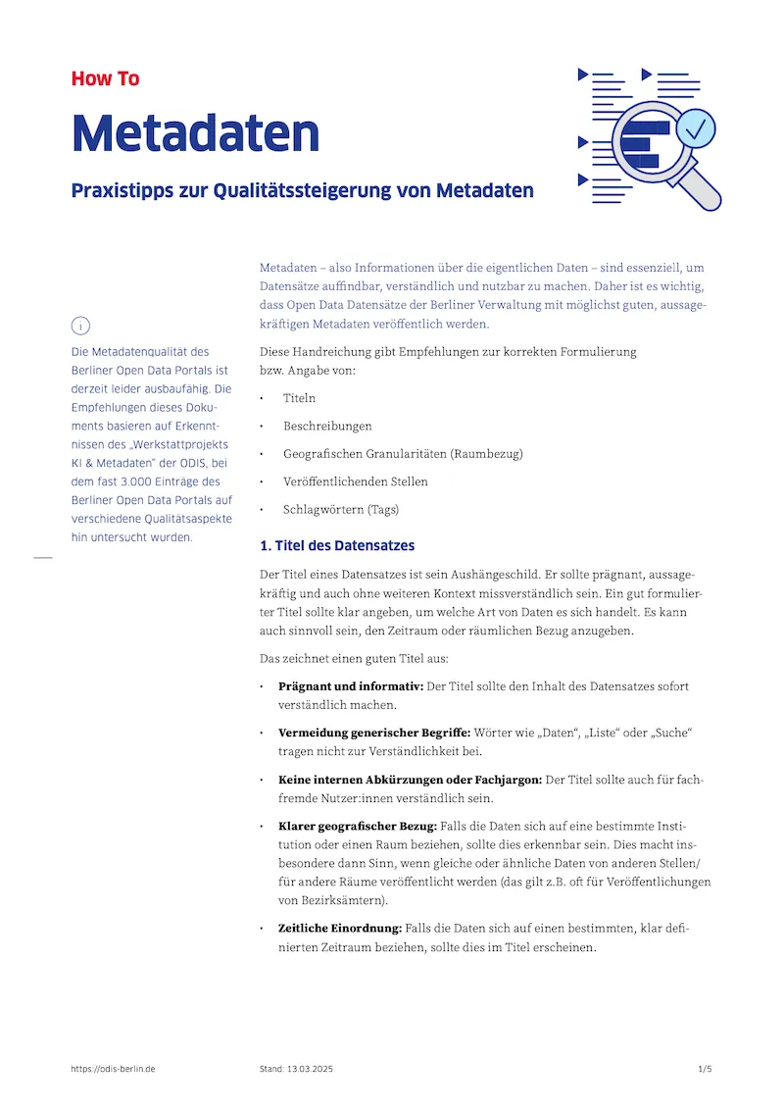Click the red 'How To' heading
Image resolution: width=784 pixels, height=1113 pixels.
coord(105,78)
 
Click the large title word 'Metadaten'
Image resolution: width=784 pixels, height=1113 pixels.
coord(195,132)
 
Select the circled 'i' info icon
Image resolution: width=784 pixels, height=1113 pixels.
coord(81,326)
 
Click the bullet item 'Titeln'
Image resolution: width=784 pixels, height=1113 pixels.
coord(299,398)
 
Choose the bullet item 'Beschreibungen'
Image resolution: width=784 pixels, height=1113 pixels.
coord(327,427)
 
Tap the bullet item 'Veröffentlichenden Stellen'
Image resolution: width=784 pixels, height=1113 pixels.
coord(355,481)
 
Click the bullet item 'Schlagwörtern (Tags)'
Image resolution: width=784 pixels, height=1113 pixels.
coord(340,510)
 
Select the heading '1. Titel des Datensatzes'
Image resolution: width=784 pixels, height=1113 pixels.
coord(337,545)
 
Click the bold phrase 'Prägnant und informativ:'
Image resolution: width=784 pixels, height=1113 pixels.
coord(351,686)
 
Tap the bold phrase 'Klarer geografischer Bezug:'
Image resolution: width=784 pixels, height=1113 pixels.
coord(358,827)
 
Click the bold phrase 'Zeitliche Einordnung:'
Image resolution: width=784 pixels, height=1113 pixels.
coord(340,928)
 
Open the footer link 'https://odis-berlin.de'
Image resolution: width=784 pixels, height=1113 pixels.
coord(114,1069)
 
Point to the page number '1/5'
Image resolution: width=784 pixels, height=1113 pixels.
coord(705,1069)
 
